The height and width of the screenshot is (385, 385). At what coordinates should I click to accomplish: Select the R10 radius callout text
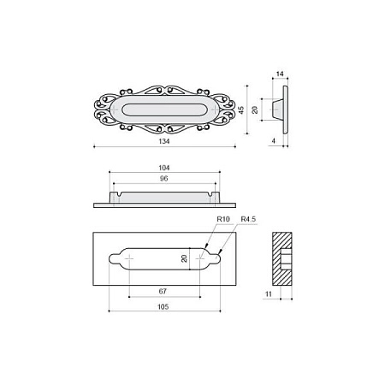coord(222,221)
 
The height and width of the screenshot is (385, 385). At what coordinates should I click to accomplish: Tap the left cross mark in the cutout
coord(129,257)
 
